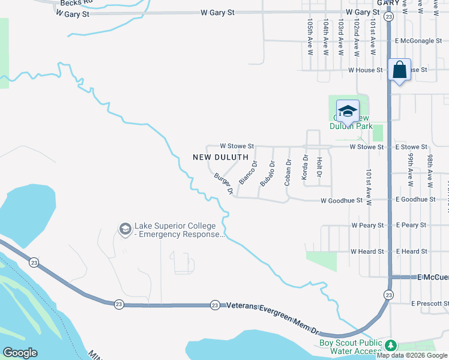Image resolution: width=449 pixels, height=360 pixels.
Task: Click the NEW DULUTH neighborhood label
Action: (x=220, y=157)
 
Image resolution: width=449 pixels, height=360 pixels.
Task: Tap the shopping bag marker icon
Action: (x=399, y=70)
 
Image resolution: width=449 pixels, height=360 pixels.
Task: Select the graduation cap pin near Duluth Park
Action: (x=348, y=111)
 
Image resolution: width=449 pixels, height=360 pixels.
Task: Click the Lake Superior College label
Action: (x=179, y=230)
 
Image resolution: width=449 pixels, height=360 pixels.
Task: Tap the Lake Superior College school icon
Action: (x=125, y=229)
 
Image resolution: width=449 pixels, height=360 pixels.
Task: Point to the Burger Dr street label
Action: (x=223, y=184)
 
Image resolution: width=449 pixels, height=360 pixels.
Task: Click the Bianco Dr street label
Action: (x=248, y=172)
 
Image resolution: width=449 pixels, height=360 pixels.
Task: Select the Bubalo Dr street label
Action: (x=268, y=172)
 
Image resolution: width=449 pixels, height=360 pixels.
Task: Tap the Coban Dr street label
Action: (x=288, y=171)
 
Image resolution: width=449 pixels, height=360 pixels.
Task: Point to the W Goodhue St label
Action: (x=342, y=200)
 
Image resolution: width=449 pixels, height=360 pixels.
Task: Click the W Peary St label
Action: (x=367, y=226)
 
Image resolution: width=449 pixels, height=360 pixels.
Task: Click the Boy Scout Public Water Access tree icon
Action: (x=391, y=345)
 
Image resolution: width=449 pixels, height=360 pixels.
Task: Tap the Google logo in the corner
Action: (x=20, y=353)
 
